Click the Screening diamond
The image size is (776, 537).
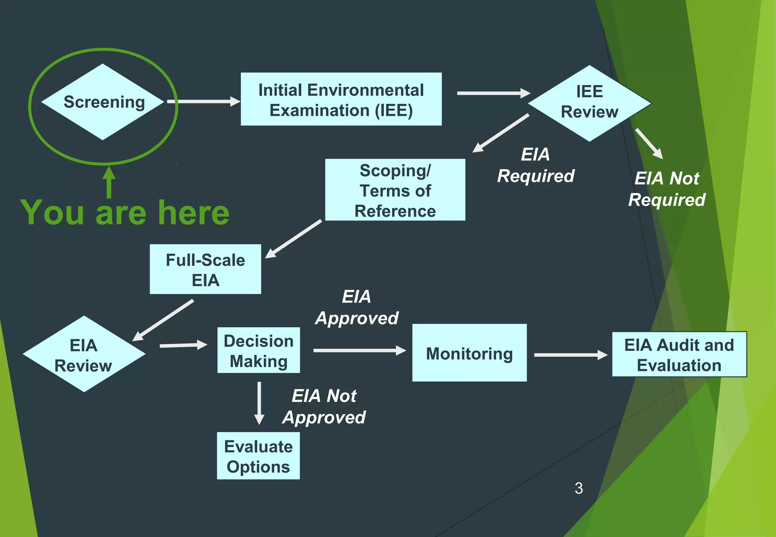pyautogui.click(x=103, y=102)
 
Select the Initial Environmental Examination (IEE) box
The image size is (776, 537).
pyautogui.click(x=341, y=99)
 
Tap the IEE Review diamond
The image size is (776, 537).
pyautogui.click(x=589, y=103)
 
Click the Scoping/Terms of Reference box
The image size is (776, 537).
pyautogui.click(x=395, y=190)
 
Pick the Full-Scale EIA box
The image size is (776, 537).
pyautogui.click(x=205, y=269)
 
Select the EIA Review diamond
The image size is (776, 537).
pyautogui.click(x=84, y=354)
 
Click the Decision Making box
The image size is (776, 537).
pyautogui.click(x=258, y=350)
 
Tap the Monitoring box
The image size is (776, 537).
pyautogui.click(x=469, y=353)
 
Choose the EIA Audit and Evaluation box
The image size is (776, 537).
pyautogui.click(x=679, y=354)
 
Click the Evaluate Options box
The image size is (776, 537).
pyautogui.click(x=258, y=456)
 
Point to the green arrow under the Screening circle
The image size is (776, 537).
pyautogui.click(x=109, y=183)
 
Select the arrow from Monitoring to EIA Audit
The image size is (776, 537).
pyautogui.click(x=570, y=355)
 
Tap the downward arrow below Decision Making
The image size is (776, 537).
pyautogui.click(x=259, y=403)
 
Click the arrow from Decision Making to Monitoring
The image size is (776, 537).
pyautogui.click(x=359, y=350)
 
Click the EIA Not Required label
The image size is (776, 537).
pyautogui.click(x=666, y=189)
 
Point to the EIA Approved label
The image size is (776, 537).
pyautogui.click(x=357, y=307)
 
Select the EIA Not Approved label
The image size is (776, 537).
pyautogui.click(x=324, y=407)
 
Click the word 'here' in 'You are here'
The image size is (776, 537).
pyautogui.click(x=194, y=213)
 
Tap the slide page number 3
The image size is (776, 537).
pyautogui.click(x=579, y=489)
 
